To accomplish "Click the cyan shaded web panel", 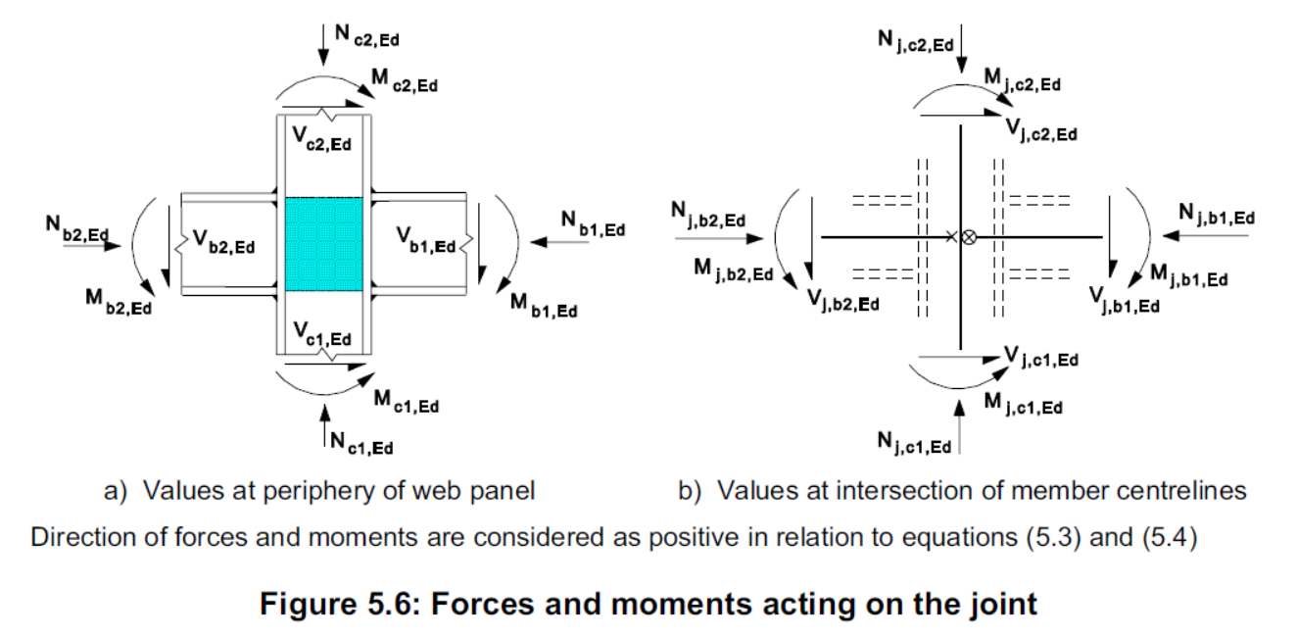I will point(323,244).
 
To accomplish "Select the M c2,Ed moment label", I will point(405,83).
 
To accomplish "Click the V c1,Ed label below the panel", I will point(322,338).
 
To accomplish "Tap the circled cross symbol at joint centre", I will point(969,237).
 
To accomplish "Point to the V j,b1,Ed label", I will point(1126,300).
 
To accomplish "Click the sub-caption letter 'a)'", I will point(119,491).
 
